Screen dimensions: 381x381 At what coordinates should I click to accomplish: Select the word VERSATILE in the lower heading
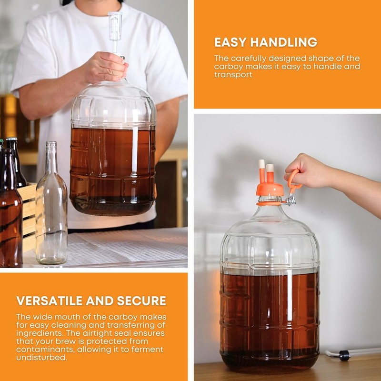point(50,301)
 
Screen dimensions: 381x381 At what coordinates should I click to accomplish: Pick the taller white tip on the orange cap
point(261,166)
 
